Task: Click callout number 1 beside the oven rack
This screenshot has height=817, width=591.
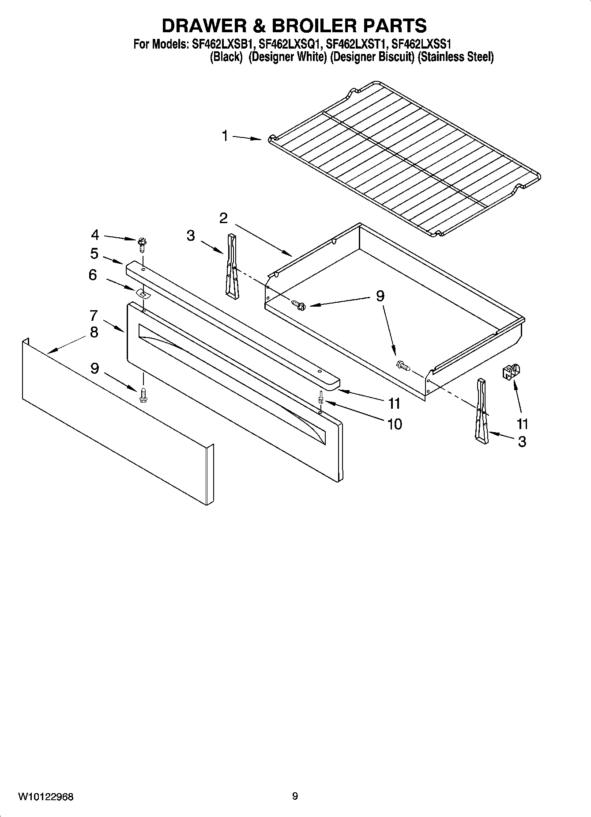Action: coord(225,136)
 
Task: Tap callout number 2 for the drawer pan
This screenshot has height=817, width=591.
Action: coord(223,218)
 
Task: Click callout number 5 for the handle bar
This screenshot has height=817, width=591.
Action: coord(94,254)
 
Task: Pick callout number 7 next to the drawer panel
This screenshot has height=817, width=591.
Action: coord(94,315)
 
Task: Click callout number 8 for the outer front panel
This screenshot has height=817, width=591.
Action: coord(94,332)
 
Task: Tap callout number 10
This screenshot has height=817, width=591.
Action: coord(394,424)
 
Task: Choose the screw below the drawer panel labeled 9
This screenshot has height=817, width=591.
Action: coord(143,395)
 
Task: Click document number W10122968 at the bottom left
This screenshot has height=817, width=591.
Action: coord(46,797)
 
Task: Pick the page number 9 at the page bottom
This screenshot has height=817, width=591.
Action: coord(295,797)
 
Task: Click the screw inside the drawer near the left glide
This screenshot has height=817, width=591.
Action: coord(299,304)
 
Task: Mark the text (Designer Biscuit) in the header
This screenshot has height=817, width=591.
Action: coord(372,57)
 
